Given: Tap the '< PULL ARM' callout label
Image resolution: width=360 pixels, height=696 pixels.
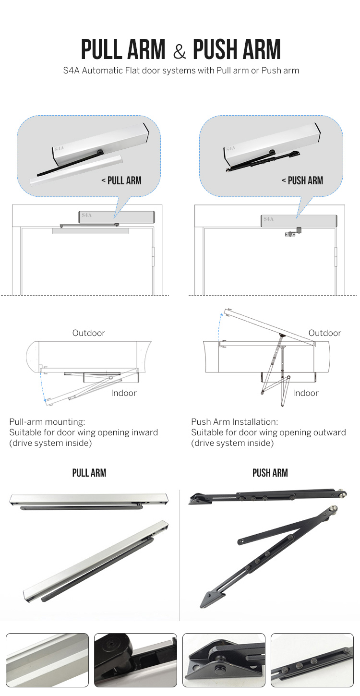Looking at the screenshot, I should [121, 180].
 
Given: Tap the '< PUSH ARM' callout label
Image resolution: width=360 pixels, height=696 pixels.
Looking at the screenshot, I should [302, 180].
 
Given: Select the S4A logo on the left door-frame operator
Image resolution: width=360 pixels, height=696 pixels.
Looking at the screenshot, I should [87, 216].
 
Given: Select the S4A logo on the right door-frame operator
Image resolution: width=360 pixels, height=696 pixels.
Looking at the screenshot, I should [268, 219].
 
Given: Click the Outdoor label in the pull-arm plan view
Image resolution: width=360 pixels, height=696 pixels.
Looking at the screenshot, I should [88, 333].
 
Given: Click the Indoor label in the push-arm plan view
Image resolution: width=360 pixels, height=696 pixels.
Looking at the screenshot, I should [305, 393].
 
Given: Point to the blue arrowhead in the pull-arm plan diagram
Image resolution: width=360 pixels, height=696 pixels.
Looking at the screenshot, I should [45, 399].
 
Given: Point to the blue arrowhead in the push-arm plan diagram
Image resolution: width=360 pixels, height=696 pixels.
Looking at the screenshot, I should [222, 313].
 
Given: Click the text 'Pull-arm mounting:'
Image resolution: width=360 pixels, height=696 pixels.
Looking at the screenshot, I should [47, 422].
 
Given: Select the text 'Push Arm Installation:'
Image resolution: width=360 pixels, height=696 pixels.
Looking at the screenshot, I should [234, 422].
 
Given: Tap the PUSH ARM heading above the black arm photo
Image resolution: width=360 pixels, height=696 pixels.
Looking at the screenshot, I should [270, 473].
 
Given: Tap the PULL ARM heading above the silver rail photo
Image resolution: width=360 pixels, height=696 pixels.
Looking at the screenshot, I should [89, 473].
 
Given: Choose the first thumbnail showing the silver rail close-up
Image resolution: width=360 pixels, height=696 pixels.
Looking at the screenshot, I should [47, 660].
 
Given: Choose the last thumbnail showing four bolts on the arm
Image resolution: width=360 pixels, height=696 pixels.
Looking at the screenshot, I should [312, 660].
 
